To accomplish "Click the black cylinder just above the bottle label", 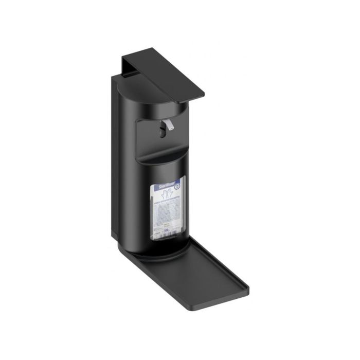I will click(x=165, y=167).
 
